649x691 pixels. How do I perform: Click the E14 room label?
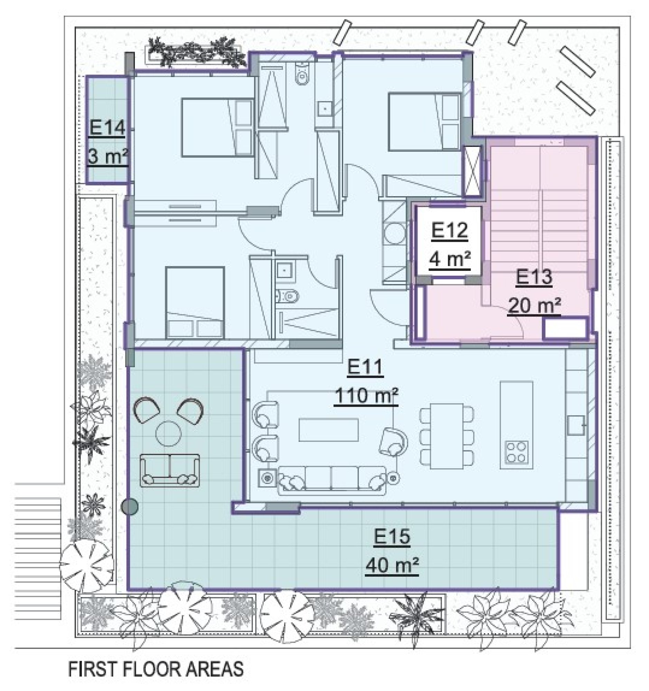[x=107, y=129]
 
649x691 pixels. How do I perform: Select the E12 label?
[x=450, y=231]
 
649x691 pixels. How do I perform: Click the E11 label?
[x=365, y=368]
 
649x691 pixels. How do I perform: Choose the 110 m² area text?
[x=366, y=396]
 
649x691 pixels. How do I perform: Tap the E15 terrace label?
[x=392, y=537]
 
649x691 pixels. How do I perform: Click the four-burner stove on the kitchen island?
[x=517, y=452]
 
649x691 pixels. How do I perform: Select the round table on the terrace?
[x=169, y=434]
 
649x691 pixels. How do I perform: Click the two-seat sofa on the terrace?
[x=170, y=470]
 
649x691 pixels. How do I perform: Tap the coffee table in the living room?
[x=329, y=430]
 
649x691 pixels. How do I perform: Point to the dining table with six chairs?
[x=447, y=436]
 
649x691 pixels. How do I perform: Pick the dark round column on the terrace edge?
[x=130, y=507]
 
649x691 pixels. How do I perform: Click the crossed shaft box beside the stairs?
[x=473, y=171]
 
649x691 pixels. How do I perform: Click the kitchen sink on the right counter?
[x=576, y=425]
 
